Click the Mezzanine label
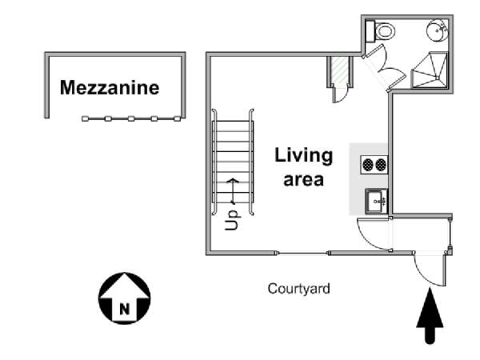pyautogui.click(x=110, y=87)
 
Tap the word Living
pyautogui.click(x=303, y=156)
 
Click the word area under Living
pyautogui.click(x=303, y=180)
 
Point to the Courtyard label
pyautogui.click(x=298, y=289)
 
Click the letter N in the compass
pyautogui.click(x=124, y=309)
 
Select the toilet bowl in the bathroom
pyautogui.click(x=385, y=31)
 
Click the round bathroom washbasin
pyautogui.click(x=437, y=30)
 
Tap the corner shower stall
pyautogui.click(x=429, y=70)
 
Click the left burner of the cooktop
pyautogui.click(x=368, y=165)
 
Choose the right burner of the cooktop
pyautogui.click(x=381, y=165)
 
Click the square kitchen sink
pyautogui.click(x=376, y=201)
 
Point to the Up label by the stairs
pyautogui.click(x=232, y=220)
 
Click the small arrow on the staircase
pyautogui.click(x=233, y=191)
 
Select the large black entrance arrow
pyautogui.click(x=430, y=316)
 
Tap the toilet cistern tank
pyautogui.click(x=370, y=31)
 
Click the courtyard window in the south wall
pyautogui.click(x=302, y=253)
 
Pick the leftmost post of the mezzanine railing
pyautogui.click(x=85, y=118)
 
